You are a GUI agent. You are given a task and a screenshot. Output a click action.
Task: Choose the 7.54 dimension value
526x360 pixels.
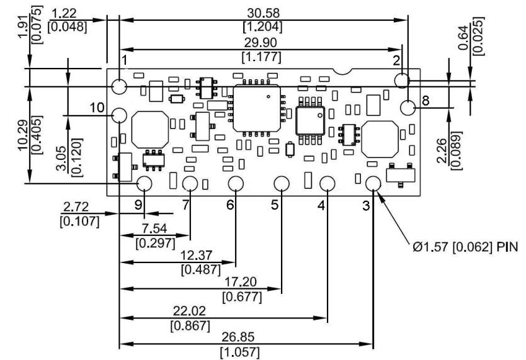(154, 227)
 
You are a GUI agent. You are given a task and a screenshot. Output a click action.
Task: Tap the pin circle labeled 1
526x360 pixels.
(120, 86)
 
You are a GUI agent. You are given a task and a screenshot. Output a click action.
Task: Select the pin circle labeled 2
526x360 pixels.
(403, 79)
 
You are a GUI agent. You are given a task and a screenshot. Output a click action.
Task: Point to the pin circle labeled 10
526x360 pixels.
(120, 115)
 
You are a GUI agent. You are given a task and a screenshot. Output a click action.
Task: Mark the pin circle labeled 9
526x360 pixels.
(144, 183)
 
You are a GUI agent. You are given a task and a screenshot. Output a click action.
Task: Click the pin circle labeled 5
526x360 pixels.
(281, 183)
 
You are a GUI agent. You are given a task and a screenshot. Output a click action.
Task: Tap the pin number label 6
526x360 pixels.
(230, 205)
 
